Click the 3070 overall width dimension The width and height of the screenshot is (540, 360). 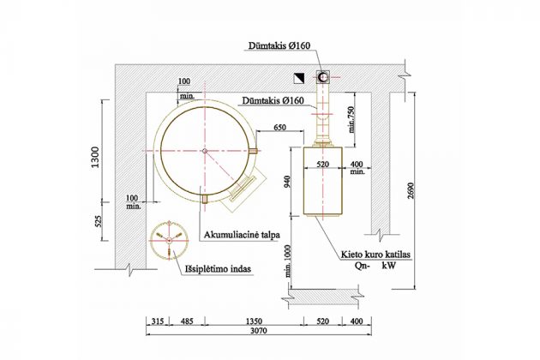(259, 331)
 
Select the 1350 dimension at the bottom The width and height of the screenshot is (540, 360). (254, 321)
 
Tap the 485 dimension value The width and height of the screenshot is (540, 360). (187, 321)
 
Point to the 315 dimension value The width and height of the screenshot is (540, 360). (158, 321)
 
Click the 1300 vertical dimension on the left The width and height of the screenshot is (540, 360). (95, 158)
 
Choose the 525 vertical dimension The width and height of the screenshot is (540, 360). (99, 221)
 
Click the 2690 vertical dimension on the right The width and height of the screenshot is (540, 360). (411, 190)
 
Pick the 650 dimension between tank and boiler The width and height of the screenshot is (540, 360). (279, 128)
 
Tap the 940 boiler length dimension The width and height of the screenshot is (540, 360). (287, 182)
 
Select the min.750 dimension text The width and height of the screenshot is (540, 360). (351, 119)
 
